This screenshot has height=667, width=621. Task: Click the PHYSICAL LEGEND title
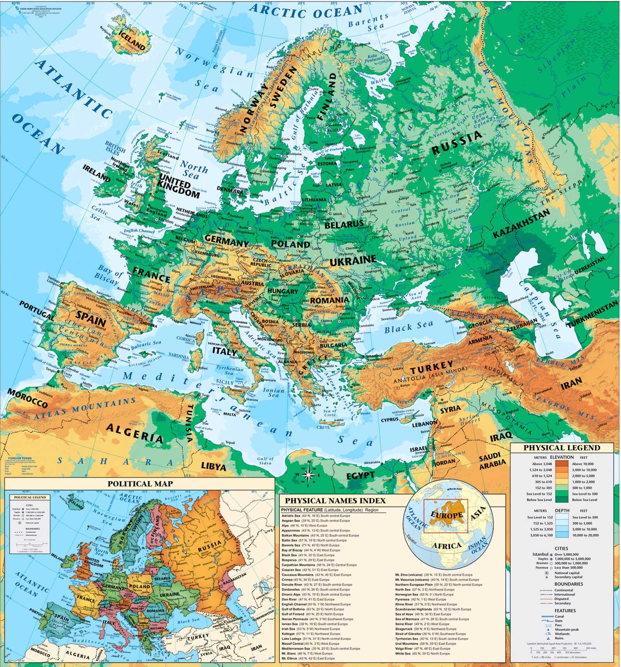pos(562,448)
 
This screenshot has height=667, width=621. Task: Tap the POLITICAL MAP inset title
pos(140,484)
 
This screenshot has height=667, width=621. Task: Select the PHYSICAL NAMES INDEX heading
pos(335,501)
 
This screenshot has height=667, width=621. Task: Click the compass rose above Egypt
pos(309,474)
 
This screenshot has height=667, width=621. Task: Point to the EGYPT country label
pos(360,476)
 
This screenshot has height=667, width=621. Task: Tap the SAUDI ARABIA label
pos(492,461)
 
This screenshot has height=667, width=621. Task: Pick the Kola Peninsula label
pos(375,58)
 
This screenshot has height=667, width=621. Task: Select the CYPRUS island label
pos(389,420)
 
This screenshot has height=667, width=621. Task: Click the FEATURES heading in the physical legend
pos(565,611)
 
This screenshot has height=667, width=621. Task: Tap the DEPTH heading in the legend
pos(562,511)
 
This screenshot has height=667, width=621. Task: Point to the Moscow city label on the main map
pos(395,191)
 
